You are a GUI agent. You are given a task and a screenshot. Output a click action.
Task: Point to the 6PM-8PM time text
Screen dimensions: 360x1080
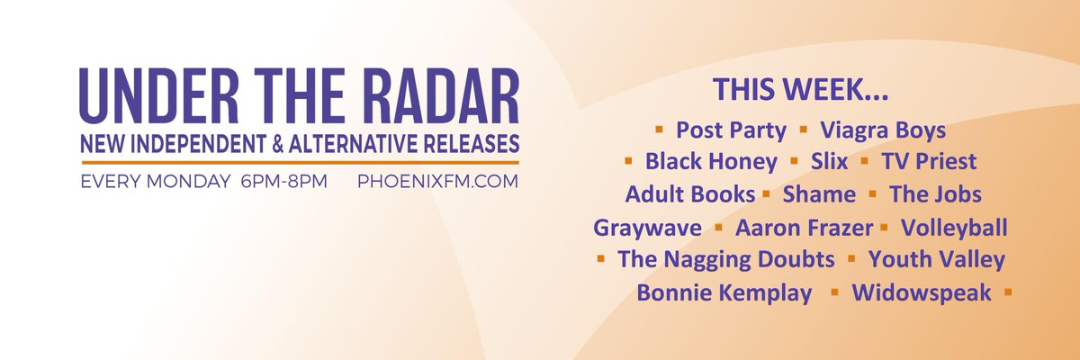point(283,181)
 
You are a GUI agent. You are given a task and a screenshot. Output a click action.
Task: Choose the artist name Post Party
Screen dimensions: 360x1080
point(731,130)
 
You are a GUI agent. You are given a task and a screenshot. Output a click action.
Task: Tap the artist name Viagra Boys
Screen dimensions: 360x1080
point(883,130)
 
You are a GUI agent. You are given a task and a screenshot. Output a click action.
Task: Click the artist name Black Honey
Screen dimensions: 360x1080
point(711,162)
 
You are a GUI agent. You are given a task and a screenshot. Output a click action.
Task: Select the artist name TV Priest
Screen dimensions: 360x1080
point(927,162)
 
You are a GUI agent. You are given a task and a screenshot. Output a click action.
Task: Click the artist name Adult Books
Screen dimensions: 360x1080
point(689,194)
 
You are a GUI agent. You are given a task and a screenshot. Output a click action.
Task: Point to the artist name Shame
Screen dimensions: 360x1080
point(819,194)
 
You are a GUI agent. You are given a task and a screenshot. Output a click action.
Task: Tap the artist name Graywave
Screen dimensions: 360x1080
point(647,228)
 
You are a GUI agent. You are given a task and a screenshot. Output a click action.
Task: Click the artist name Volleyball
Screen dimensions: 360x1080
point(954,228)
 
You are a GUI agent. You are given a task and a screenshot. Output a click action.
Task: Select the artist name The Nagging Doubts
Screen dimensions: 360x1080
point(725,259)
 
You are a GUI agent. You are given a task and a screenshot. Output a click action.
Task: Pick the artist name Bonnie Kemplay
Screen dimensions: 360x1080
point(724,292)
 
